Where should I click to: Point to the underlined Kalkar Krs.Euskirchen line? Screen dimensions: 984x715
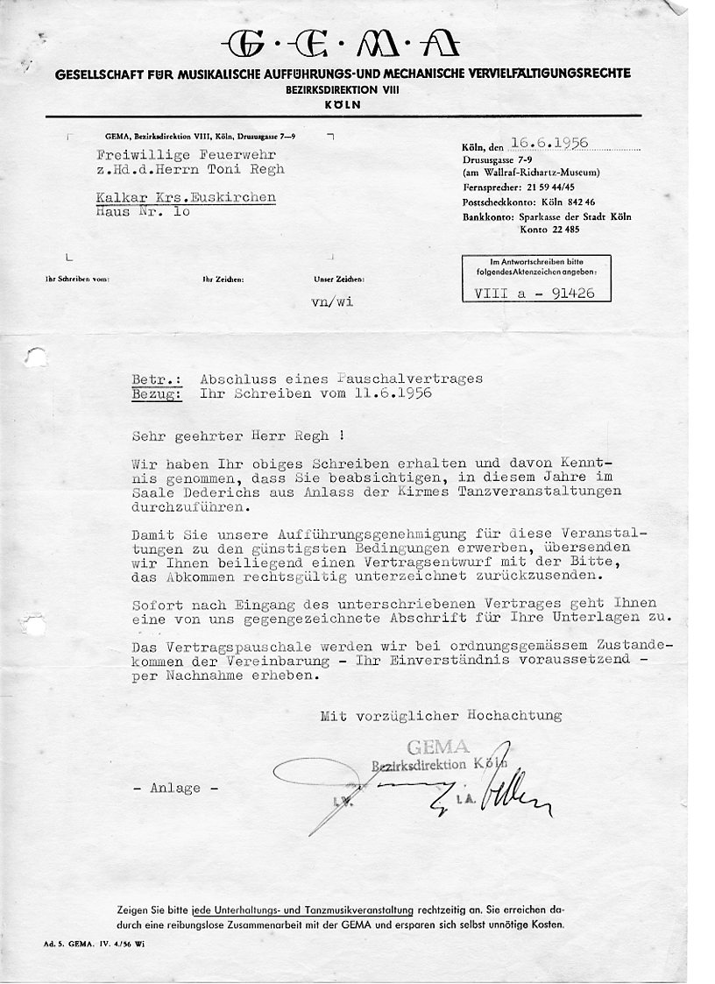coord(185,197)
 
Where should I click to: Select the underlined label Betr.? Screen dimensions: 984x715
coord(157,379)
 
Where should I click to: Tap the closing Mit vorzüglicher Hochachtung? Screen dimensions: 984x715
coord(440,716)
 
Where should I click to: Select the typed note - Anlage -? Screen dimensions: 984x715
coord(176,788)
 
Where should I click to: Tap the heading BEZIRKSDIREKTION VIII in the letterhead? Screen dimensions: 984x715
coord(342,90)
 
